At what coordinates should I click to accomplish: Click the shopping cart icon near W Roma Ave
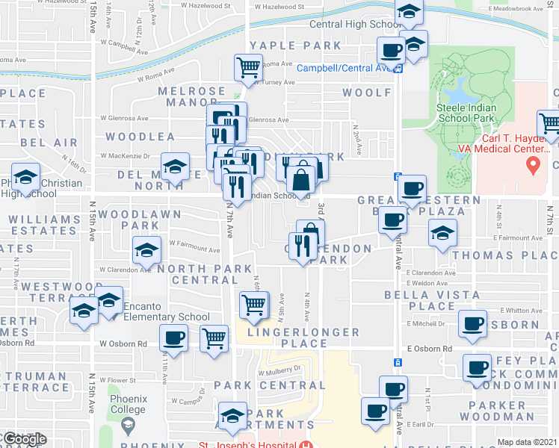click(x=249, y=69)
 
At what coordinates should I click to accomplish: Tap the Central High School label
click(x=356, y=24)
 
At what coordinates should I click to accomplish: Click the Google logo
click(x=24, y=439)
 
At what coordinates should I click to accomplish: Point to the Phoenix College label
click(x=129, y=404)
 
